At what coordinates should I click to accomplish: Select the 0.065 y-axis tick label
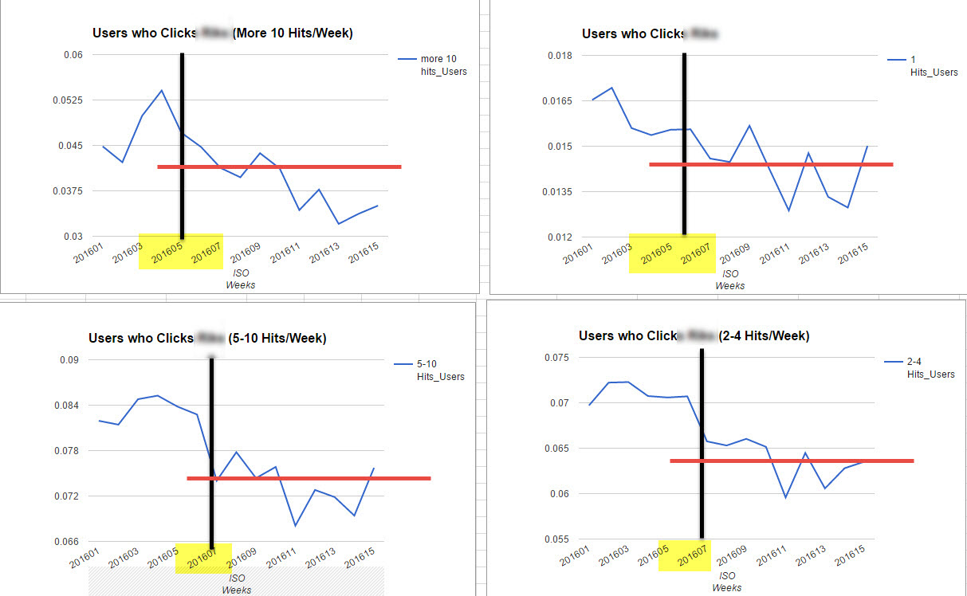click(x=556, y=449)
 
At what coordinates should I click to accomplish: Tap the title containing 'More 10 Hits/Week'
click(x=222, y=33)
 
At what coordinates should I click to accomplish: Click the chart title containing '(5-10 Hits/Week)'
click(x=207, y=338)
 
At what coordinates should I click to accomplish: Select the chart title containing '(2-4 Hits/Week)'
click(x=694, y=336)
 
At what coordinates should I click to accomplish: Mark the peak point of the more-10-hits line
click(x=162, y=90)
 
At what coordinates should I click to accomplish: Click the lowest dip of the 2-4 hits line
click(x=785, y=498)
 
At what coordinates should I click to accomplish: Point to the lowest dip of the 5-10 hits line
click(x=295, y=526)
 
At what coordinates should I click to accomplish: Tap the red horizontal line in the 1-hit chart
click(x=770, y=164)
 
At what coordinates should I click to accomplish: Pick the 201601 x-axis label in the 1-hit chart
click(x=580, y=254)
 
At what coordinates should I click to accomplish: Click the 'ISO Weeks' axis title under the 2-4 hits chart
click(x=727, y=581)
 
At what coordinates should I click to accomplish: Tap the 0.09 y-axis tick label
click(x=72, y=360)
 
